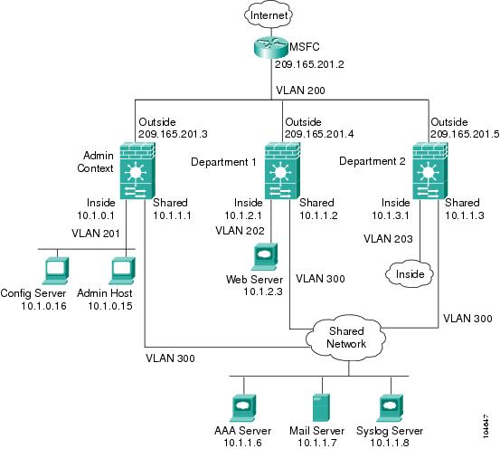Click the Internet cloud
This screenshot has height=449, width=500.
coord(269,15)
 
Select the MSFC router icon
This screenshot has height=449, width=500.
coord(271,47)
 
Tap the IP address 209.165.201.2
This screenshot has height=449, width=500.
coord(309,64)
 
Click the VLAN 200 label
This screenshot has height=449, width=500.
coord(300,91)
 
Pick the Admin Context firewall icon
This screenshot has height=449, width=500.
coord(137,170)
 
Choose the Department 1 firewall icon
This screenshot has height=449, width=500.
coord(283,170)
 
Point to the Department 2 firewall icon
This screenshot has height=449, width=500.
coord(430,170)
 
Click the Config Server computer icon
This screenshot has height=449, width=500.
coord(56,271)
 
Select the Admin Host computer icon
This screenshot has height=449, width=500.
coord(122,271)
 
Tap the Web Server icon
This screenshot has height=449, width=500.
coord(264,257)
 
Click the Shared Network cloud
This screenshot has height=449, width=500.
coord(346,338)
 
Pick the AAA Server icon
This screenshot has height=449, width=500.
coord(242,408)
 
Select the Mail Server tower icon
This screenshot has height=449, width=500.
coord(321,407)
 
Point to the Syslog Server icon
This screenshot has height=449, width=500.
coord(390,408)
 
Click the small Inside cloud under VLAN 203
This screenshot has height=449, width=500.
coord(410,273)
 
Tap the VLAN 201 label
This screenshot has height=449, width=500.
coord(96,234)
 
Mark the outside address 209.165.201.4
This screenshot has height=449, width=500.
coord(319,134)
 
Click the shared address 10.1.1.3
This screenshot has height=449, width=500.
coord(465,215)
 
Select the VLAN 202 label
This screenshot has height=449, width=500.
coord(240,231)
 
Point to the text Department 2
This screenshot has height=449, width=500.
coord(373,161)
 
